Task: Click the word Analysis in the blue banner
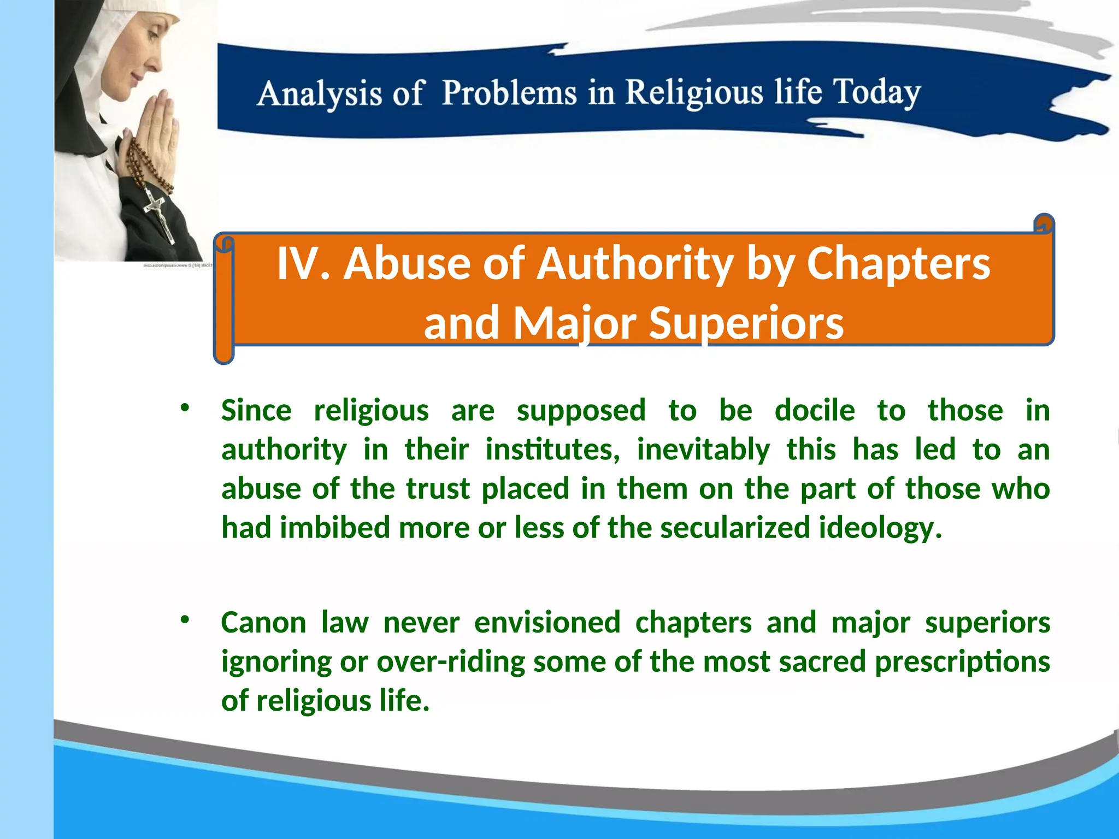point(319,93)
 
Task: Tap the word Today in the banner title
point(876,92)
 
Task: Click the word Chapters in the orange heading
point(898,264)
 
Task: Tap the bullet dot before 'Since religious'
point(185,407)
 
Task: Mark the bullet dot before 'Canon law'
point(185,619)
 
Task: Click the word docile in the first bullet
point(815,410)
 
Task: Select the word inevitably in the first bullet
point(703,450)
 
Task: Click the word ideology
point(880,528)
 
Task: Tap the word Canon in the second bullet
point(263,622)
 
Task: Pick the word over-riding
point(451,661)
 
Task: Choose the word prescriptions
point(962,661)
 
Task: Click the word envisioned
point(547,622)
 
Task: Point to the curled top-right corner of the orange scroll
point(1044,223)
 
